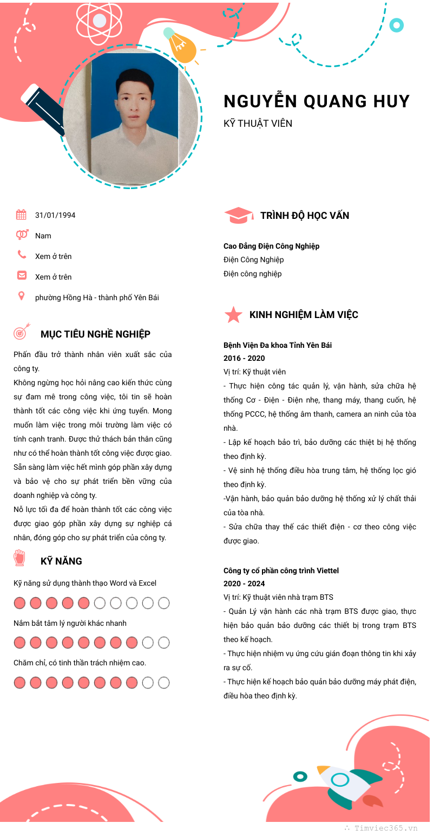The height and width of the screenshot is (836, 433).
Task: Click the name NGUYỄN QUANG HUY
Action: point(317,101)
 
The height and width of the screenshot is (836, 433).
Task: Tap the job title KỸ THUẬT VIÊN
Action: point(258,124)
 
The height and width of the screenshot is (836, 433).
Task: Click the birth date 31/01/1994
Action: point(55,215)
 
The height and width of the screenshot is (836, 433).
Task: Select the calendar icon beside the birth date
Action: point(21,215)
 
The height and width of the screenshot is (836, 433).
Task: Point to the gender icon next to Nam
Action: point(22,235)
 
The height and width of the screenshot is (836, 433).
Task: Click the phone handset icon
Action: point(22,254)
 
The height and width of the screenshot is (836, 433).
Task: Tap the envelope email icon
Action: point(22,275)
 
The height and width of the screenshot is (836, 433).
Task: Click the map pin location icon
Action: point(22,296)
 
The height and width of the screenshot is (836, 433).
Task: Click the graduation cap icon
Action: point(238,215)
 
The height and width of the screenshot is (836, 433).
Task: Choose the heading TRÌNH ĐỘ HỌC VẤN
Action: point(305,216)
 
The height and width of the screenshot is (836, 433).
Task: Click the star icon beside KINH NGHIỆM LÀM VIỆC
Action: point(233,315)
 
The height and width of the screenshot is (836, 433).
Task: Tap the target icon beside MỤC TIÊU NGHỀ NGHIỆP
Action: point(21,332)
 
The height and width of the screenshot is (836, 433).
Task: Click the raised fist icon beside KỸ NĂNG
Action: point(20,558)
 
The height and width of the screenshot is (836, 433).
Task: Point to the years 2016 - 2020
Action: point(244,358)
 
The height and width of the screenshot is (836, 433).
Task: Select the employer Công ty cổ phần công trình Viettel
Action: point(282,571)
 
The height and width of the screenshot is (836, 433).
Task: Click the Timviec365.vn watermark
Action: point(385,828)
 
